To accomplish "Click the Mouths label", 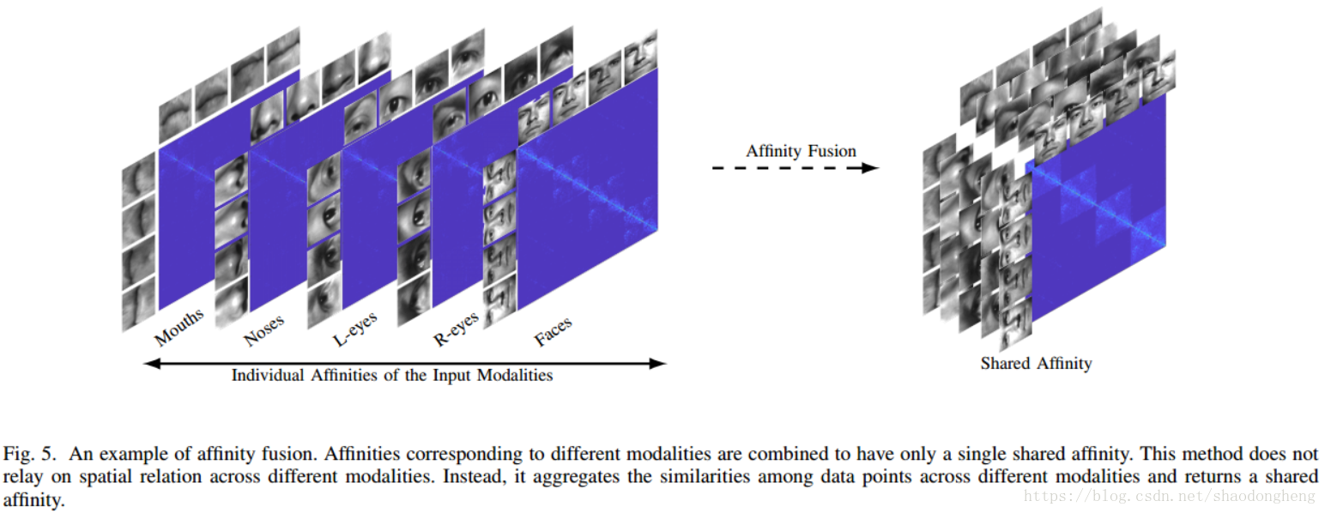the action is coord(179,327).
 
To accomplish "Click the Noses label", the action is coord(263,330).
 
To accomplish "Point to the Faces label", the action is coord(553,332).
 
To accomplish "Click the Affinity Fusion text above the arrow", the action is coord(801,151).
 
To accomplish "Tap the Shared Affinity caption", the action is coord(1036,364).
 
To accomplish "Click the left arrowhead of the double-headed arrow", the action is coord(151,363).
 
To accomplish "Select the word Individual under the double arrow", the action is coord(264,376).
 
